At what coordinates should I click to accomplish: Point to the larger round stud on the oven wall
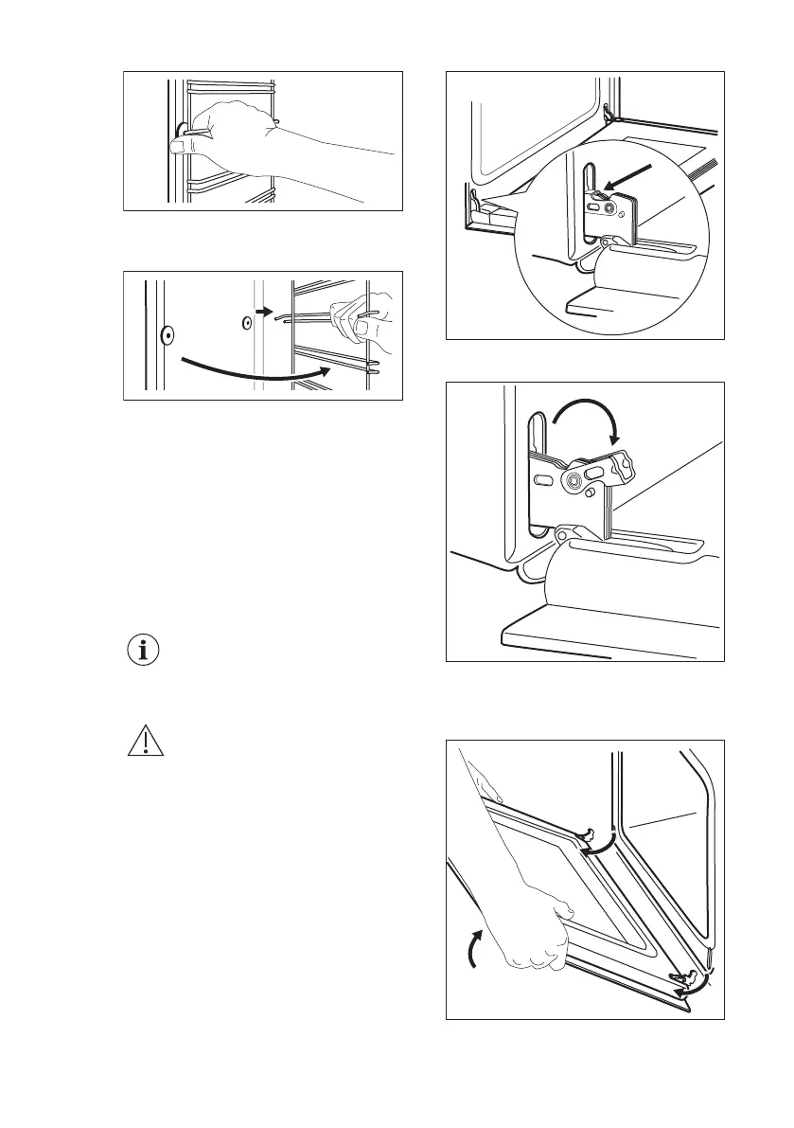tap(167, 333)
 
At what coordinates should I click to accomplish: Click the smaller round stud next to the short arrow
tap(245, 322)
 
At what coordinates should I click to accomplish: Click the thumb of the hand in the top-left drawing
tap(183, 145)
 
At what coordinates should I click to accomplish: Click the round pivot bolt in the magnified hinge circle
tap(609, 206)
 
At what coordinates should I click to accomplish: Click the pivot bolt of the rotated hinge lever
tap(573, 481)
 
